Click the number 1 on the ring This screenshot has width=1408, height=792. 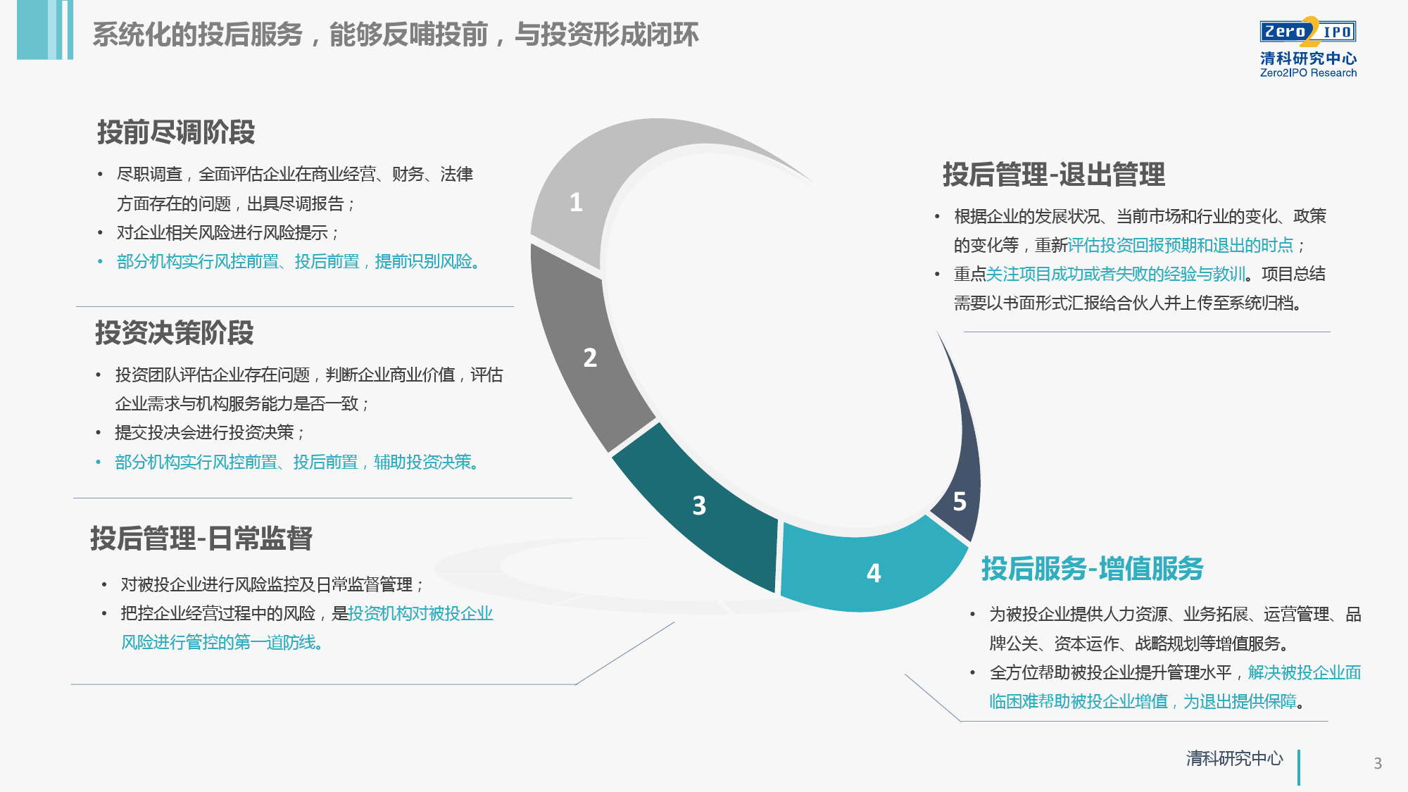coord(576,203)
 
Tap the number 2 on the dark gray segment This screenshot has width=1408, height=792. coord(590,358)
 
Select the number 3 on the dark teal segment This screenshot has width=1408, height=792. coord(698,505)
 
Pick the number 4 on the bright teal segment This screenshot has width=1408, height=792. coord(873,573)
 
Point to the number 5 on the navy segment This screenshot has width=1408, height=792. coord(959,501)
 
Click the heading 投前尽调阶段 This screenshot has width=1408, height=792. coord(176,132)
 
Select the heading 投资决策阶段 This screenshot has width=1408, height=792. coord(175,333)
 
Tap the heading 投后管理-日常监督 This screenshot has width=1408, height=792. coord(201,539)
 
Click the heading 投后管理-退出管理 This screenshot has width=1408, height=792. coord(1053,175)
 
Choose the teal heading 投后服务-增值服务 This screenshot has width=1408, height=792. coord(1092,569)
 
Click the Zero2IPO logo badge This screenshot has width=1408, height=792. coord(1307,32)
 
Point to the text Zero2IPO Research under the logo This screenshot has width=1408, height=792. coord(1308,73)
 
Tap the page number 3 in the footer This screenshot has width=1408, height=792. coord(1377,763)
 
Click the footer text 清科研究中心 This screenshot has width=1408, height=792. coord(1234,758)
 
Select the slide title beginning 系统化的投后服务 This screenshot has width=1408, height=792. coord(395,34)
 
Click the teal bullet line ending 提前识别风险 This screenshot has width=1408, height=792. coord(300,262)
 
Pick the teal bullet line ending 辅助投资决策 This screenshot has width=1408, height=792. coord(298,462)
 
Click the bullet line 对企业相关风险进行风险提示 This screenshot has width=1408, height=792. coord(228,232)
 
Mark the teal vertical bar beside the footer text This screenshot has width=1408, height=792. coord(1298,767)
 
